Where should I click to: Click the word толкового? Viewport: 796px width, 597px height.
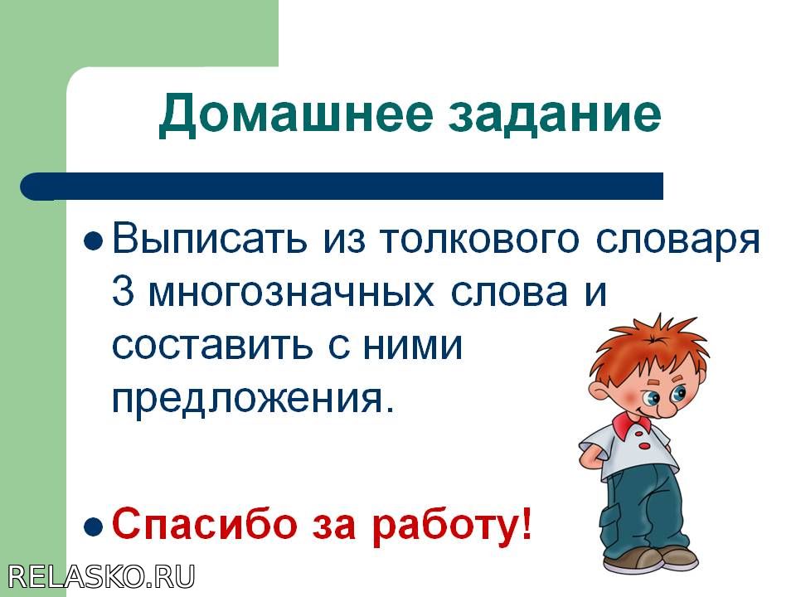click(x=478, y=240)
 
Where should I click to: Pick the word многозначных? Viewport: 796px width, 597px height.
click(x=291, y=294)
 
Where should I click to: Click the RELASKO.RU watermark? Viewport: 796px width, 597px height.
click(x=101, y=577)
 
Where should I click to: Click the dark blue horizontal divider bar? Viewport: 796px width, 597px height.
click(x=342, y=187)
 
